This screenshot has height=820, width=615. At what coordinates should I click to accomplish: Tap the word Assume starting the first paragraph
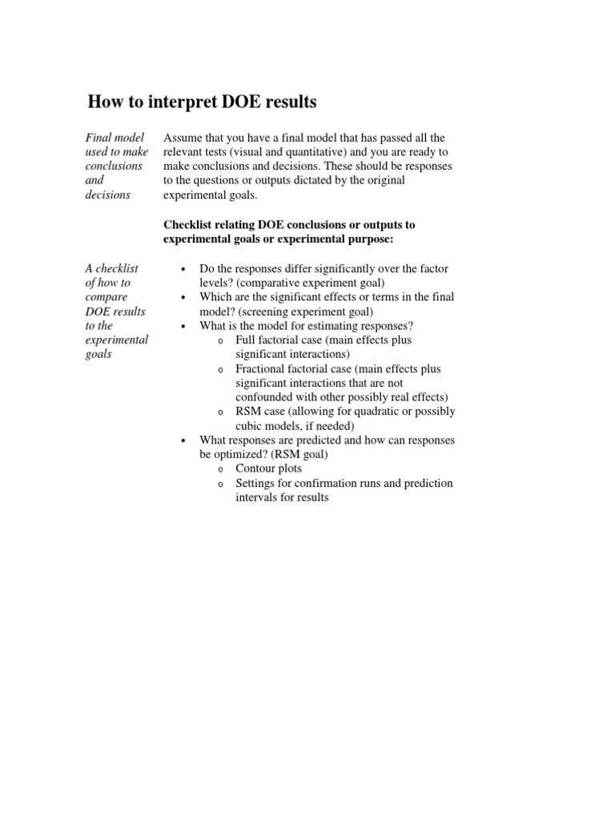tap(183, 138)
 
